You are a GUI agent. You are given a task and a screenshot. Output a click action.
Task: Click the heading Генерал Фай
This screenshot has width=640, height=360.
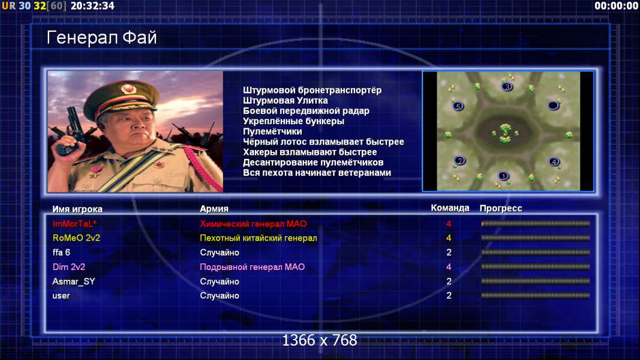pos(101,38)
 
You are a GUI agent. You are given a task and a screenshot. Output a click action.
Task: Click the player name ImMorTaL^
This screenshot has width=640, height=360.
pos(75,224)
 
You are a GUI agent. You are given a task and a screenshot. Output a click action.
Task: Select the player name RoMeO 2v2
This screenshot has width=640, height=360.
pos(76,238)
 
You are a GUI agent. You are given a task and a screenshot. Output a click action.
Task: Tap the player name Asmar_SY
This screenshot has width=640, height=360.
pos(73,281)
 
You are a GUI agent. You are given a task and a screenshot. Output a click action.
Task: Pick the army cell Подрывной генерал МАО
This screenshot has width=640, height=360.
pos(253,267)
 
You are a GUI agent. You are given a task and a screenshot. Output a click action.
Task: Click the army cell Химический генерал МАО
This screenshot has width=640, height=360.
pos(253,224)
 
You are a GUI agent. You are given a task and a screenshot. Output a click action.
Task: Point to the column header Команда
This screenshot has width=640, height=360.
pos(450,208)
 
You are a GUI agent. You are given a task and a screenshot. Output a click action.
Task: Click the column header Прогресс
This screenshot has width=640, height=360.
pos(501,208)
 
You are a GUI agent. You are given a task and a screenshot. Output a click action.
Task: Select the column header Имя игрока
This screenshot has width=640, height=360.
pos(77,209)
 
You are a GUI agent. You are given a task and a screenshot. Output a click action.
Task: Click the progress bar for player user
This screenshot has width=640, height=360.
pos(535,296)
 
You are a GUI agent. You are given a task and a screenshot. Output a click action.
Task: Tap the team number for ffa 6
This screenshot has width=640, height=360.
pos(449,253)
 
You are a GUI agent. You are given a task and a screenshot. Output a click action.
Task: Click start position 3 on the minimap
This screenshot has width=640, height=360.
pos(507,86)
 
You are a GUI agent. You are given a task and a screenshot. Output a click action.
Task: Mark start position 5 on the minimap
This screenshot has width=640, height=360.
pos(458,107)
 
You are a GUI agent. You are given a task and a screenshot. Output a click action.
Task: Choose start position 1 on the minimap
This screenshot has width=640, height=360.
pos(503,176)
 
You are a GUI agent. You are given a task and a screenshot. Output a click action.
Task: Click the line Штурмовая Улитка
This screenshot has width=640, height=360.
pos(286,100)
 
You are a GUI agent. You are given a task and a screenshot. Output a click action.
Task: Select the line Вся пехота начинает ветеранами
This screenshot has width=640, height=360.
pos(317,173)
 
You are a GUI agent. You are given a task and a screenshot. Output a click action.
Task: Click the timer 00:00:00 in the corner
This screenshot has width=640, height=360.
pos(616,6)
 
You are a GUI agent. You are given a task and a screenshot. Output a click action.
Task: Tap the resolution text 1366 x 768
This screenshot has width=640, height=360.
pos(320,340)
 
